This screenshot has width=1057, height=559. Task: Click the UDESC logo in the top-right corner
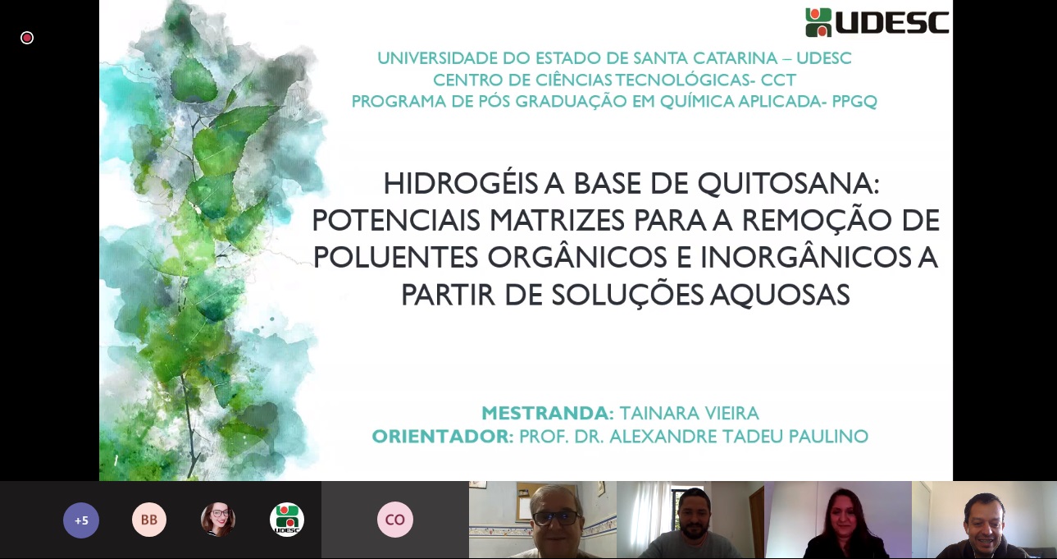point(877,22)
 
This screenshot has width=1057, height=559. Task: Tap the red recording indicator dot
point(27,38)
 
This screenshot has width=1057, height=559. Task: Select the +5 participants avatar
point(81,520)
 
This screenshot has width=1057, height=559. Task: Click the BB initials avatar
point(149,520)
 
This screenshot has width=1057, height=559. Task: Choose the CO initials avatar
point(395,520)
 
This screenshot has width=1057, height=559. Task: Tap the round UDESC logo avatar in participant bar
point(287,520)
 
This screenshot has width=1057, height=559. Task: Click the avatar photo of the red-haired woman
point(218,520)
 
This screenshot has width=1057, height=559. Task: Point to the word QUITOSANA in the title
point(789,183)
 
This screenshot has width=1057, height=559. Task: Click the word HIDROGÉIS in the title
point(460,183)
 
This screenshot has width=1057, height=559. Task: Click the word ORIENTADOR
point(443,436)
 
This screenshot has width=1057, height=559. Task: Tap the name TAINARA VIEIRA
point(689,414)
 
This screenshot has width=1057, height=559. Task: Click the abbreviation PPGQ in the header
point(854,101)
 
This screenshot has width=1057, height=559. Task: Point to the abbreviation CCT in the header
point(778,80)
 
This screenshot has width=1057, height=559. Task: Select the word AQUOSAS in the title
point(781,295)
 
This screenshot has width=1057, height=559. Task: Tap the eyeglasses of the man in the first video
point(557,518)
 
